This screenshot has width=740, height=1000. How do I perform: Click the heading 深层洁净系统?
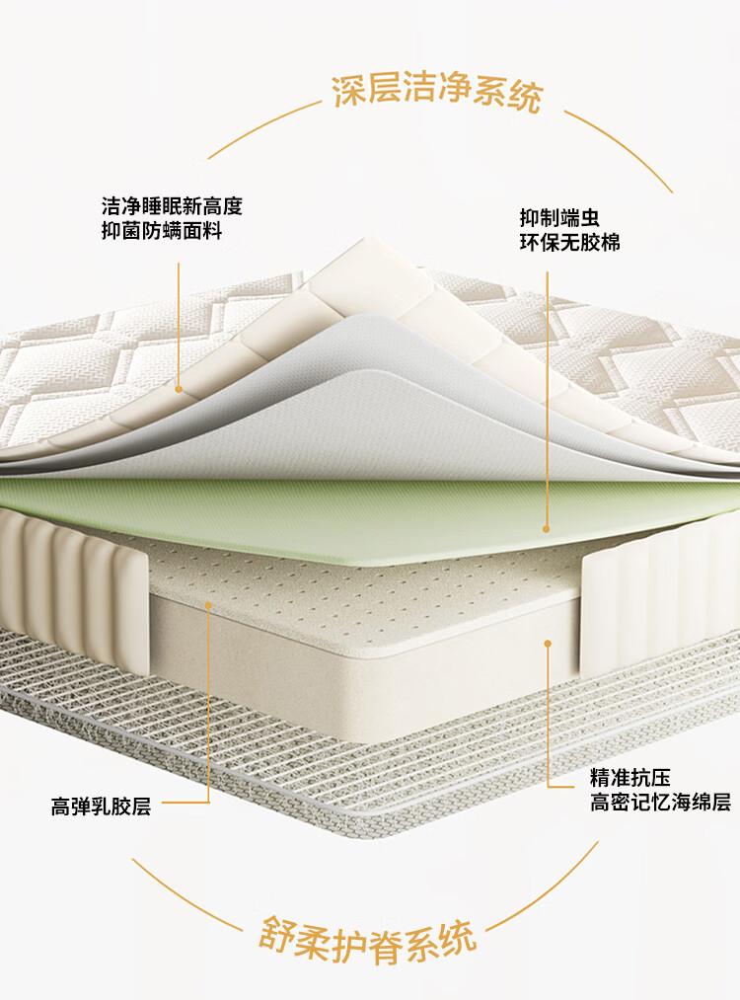(x=437, y=95)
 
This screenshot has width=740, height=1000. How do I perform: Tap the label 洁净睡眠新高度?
(x=172, y=207)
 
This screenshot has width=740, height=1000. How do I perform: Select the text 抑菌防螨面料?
(x=162, y=232)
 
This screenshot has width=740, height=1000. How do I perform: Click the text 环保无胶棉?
(x=570, y=242)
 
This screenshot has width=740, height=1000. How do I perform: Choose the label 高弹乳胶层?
(x=102, y=807)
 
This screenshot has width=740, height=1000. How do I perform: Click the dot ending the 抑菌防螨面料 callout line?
(x=179, y=389)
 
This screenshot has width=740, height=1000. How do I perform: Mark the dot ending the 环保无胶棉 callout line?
(x=546, y=529)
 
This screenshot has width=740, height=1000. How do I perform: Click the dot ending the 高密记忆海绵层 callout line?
(x=548, y=644)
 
